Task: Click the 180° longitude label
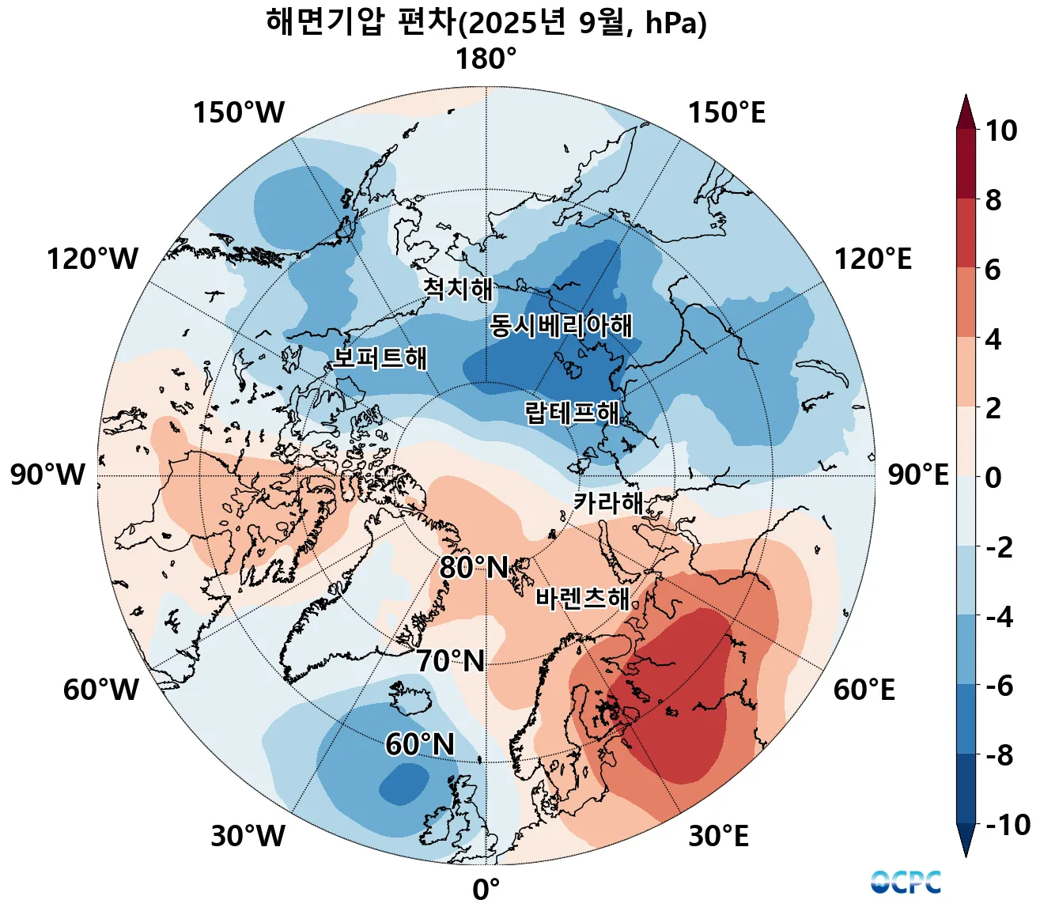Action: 486,60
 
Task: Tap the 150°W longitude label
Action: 238,113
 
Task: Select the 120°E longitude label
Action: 872,259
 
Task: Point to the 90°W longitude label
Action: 47,475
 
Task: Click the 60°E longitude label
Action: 864,690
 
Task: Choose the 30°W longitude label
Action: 248,836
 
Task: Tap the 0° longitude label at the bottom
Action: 486,890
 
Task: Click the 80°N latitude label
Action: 474,568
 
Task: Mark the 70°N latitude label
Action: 450,661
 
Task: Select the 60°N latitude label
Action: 420,745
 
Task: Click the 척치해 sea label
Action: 458,289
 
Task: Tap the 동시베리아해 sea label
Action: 561,325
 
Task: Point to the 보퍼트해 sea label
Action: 380,357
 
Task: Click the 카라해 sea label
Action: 608,502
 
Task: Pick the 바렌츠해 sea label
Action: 583,598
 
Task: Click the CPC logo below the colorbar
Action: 906,882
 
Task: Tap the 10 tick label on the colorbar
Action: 1000,131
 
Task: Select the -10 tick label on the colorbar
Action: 1008,826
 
